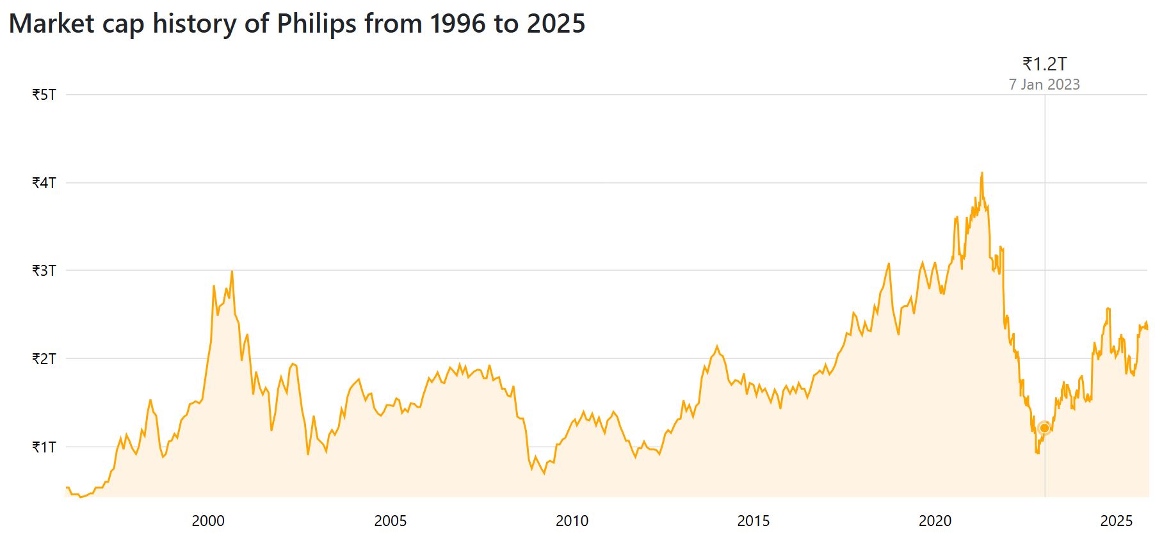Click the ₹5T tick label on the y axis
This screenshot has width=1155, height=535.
tap(44, 95)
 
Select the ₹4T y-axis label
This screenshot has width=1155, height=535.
tap(44, 183)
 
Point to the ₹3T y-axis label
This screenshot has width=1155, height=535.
tap(44, 271)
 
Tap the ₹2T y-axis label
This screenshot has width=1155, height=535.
tap(44, 358)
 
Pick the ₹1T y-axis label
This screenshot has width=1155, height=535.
tap(44, 447)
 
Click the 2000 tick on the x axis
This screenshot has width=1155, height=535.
tap(208, 521)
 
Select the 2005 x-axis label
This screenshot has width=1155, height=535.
tap(390, 521)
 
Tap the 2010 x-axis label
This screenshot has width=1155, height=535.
tap(572, 521)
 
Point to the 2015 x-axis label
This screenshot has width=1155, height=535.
tap(754, 521)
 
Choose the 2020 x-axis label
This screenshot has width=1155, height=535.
tap(935, 521)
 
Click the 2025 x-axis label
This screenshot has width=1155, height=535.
tap(1117, 521)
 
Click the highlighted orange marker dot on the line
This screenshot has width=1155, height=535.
tap(1045, 427)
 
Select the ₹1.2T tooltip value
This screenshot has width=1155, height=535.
tap(1045, 64)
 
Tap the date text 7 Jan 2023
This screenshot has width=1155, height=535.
tap(1045, 84)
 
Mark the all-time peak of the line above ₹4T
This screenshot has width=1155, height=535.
tap(982, 173)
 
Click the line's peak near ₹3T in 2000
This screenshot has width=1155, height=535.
tap(232, 271)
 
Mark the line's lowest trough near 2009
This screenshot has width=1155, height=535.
tap(544, 474)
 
